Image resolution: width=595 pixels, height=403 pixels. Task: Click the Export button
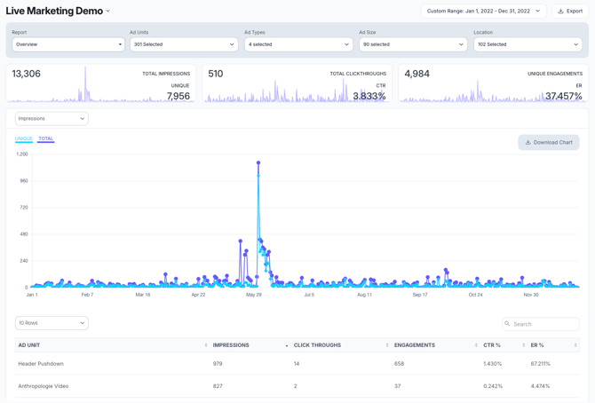tap(569, 12)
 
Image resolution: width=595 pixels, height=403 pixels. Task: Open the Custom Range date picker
tap(483, 12)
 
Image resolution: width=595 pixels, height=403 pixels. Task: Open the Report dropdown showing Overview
tap(68, 44)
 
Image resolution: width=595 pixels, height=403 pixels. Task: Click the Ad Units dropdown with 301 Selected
tap(184, 44)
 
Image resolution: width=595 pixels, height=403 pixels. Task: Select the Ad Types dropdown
tap(298, 44)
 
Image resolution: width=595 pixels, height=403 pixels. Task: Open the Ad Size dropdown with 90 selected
tap(413, 44)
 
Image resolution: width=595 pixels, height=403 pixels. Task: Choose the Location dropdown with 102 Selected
tap(528, 44)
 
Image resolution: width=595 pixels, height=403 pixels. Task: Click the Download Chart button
tap(549, 142)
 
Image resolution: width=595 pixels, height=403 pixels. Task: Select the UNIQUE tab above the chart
tap(23, 138)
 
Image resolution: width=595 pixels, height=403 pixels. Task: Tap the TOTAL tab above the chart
tap(45, 138)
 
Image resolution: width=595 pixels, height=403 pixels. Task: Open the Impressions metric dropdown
tap(52, 118)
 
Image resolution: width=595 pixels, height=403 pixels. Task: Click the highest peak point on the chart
tap(258, 162)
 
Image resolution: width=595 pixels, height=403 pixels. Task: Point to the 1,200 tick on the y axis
tap(22, 154)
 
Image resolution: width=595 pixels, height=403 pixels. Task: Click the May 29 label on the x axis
tap(253, 295)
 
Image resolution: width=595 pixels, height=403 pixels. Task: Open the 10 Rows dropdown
tap(52, 323)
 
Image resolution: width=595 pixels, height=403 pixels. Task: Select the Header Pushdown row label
tap(41, 364)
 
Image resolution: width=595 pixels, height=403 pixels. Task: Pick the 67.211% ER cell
tap(540, 364)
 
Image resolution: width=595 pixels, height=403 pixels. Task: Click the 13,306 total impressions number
tap(26, 74)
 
